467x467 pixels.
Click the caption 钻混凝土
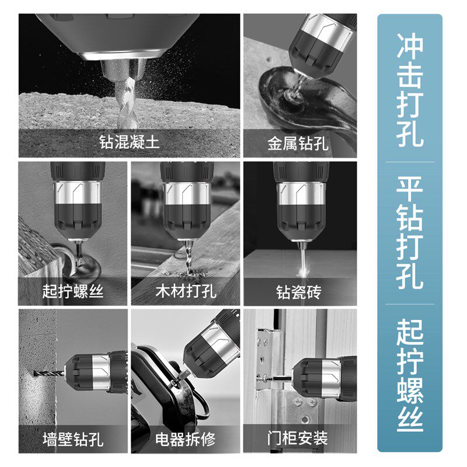point(129,142)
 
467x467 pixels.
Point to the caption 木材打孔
point(186,291)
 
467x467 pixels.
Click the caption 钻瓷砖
point(298,291)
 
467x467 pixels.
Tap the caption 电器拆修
point(186,438)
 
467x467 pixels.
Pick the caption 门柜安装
point(298,438)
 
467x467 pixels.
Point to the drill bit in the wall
point(49,372)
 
